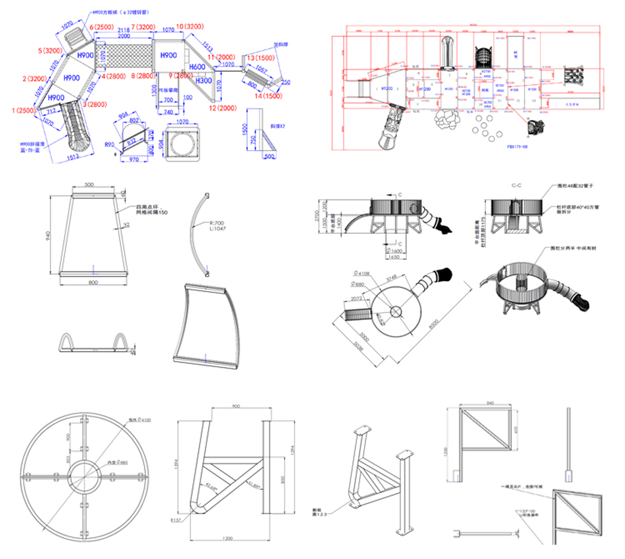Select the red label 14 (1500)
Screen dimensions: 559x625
tap(268, 96)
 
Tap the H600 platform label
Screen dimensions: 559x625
tap(197, 67)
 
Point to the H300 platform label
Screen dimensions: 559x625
tap(204, 81)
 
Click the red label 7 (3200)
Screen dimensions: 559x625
tap(143, 27)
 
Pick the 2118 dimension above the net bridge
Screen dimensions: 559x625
tap(123, 30)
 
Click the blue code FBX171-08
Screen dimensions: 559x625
tap(517, 147)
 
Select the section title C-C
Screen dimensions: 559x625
tap(516, 185)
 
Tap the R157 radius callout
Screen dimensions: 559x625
tap(176, 520)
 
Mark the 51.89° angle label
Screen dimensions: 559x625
tap(254, 484)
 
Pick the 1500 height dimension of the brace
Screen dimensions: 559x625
tap(246, 129)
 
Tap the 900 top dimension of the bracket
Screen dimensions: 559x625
tap(236, 406)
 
